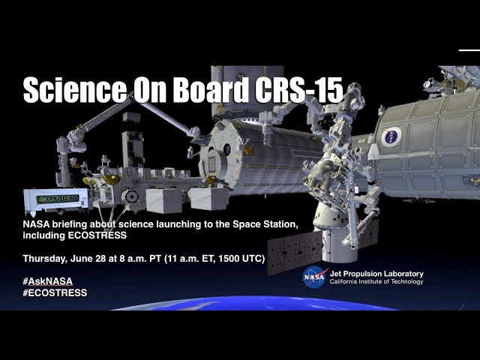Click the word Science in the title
75,90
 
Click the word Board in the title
211,90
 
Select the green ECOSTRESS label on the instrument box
58,199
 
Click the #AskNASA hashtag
48,281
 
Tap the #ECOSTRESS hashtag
55,292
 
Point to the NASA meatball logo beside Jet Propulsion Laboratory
314,277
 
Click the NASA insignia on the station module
391,136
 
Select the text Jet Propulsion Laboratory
376,274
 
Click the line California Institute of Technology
376,282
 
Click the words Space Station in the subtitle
265,224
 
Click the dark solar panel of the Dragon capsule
295,252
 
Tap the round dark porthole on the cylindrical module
226,149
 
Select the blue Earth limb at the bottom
254,303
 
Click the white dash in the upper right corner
469,50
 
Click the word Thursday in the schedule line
44,259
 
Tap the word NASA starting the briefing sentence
36,224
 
